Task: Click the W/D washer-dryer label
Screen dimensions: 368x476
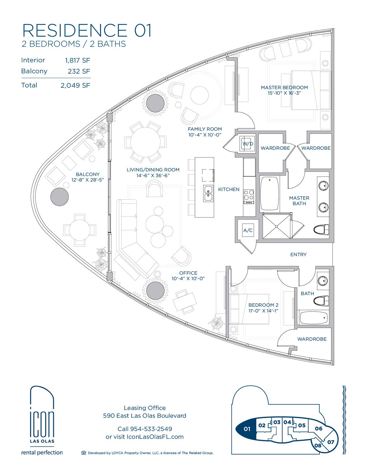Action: tap(248, 144)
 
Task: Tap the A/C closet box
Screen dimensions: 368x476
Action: tap(248, 230)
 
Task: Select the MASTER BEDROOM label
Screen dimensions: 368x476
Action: tap(284, 88)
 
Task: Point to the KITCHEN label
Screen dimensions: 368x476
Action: tap(229, 190)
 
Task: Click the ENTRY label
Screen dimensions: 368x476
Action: tap(298, 254)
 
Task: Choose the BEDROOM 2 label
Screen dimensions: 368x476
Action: tap(264, 305)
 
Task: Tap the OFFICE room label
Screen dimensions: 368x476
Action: tap(188, 273)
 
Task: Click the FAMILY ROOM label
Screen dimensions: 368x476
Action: tap(205, 129)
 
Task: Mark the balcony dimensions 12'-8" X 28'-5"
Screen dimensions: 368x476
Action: tap(88, 180)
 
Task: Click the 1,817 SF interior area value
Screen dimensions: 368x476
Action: tap(78, 60)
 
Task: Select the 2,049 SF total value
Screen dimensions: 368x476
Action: tap(75, 85)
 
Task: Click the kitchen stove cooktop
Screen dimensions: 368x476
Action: tap(249, 197)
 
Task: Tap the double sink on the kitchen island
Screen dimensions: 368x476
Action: tap(208, 193)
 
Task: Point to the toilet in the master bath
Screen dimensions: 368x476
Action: tap(321, 230)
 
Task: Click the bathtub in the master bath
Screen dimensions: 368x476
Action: tap(270, 194)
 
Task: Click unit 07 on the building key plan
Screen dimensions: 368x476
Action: tap(330, 442)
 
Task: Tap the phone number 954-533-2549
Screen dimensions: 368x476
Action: tap(151, 429)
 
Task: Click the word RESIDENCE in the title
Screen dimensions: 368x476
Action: tap(75, 30)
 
